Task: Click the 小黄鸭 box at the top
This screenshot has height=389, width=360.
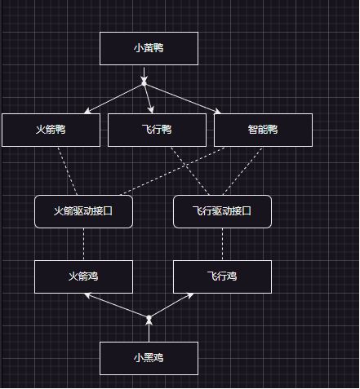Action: (x=149, y=48)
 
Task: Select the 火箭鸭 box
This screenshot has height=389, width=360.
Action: (x=51, y=130)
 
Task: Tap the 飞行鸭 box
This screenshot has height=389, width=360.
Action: (x=157, y=130)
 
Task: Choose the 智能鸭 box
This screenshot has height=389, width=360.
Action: (x=263, y=130)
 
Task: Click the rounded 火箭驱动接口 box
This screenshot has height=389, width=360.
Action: (x=83, y=211)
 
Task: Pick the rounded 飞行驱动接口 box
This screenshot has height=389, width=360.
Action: (x=222, y=211)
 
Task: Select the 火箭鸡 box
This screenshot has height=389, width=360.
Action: (x=83, y=276)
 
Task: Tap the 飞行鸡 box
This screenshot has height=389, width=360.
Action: (x=222, y=276)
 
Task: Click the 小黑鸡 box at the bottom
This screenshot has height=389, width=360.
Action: (x=149, y=358)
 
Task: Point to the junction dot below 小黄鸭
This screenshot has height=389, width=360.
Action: (x=144, y=82)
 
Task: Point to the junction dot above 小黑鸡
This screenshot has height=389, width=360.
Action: (x=149, y=317)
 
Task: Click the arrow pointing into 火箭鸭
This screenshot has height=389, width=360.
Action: (x=114, y=98)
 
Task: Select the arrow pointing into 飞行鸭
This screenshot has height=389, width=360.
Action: (x=149, y=99)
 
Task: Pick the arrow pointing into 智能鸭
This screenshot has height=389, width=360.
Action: (x=184, y=99)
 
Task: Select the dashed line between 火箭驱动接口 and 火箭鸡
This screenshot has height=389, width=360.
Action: (x=83, y=244)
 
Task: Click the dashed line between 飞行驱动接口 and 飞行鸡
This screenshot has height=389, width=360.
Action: (x=222, y=244)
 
